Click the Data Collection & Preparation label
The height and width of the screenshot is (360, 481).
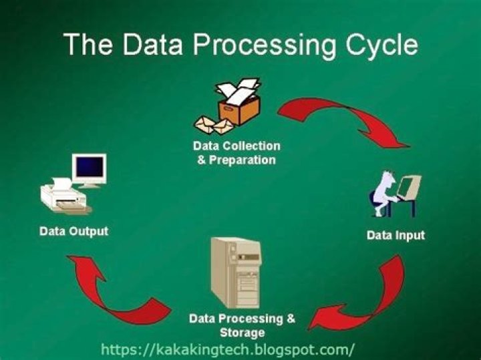(236, 153)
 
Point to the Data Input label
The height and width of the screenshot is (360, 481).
(395, 235)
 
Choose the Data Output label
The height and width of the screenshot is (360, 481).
(74, 232)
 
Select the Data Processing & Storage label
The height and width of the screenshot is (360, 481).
(242, 325)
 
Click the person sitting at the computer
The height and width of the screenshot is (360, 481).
(383, 194)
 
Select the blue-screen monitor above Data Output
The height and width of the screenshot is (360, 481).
(90, 168)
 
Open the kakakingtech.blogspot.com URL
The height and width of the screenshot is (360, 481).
(227, 349)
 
